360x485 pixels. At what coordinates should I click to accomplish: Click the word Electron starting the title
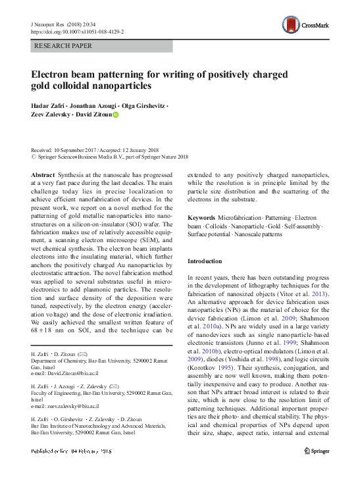(x=55, y=74)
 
